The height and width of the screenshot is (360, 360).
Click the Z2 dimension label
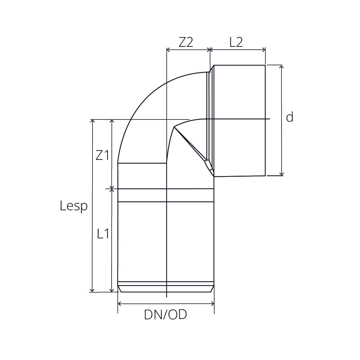(x=186, y=42)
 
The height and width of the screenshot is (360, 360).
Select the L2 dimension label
(x=236, y=42)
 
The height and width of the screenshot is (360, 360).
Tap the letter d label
(x=290, y=117)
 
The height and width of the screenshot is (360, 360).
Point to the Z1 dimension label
(x=102, y=155)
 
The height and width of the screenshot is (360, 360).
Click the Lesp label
(x=74, y=206)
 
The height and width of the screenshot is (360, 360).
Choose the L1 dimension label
(x=103, y=234)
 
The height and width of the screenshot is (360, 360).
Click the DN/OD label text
(x=165, y=315)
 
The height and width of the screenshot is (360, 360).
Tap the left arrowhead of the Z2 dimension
(x=168, y=50)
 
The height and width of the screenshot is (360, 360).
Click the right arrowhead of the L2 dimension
(x=264, y=50)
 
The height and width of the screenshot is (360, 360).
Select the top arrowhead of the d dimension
(x=282, y=67)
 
